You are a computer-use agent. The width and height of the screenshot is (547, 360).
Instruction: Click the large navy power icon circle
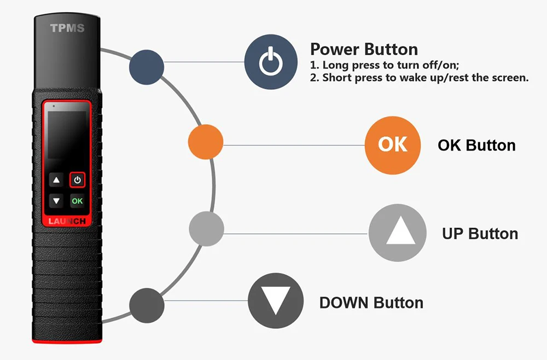pos(271,62)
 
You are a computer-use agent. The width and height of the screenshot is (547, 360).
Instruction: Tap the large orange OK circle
pos(393,144)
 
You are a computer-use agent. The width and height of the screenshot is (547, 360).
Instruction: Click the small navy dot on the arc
pos(147,67)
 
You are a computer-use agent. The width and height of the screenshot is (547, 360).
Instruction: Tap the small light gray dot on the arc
pos(207,229)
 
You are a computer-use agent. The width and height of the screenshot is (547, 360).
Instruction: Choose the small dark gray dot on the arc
pos(147,303)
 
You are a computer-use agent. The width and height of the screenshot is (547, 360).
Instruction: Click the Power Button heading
pos(364,49)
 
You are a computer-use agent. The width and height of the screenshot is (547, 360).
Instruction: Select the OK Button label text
pos(476,146)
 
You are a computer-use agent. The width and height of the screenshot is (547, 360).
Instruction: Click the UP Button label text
pos(480,234)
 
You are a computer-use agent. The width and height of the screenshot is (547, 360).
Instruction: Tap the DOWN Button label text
pos(371,303)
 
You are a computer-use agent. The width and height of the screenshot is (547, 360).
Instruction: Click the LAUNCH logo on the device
pos(67,222)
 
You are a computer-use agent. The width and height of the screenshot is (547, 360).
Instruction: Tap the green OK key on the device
pos(77,201)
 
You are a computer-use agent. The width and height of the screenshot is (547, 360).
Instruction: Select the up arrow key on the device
pos(56,180)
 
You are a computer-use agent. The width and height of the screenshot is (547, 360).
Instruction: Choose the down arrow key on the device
pos(56,201)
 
